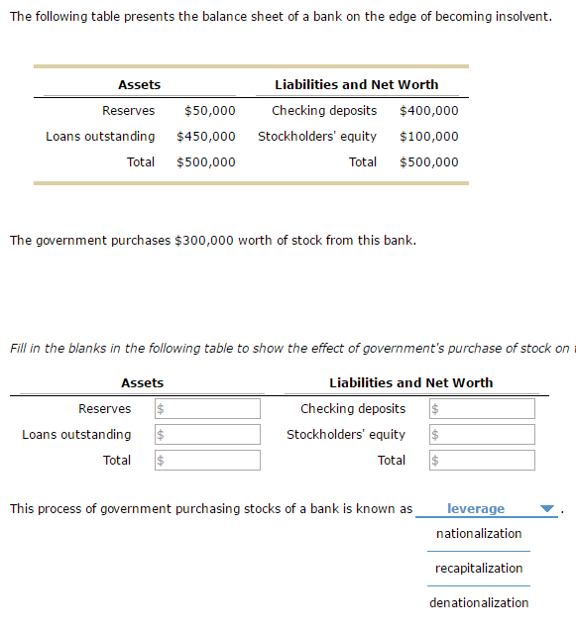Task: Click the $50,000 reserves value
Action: (x=209, y=111)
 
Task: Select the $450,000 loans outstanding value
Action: (x=206, y=137)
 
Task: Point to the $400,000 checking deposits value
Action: (x=428, y=111)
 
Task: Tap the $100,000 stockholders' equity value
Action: (x=428, y=137)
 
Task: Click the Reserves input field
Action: (x=206, y=409)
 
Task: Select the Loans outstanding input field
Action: (x=206, y=435)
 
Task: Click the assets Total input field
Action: (x=206, y=461)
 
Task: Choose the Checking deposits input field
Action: (x=481, y=409)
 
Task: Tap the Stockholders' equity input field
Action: (x=481, y=435)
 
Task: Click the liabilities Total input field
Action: (x=481, y=461)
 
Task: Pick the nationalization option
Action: (x=479, y=534)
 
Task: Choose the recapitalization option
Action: (x=479, y=569)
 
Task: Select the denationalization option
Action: (x=479, y=603)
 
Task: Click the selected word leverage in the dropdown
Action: (x=476, y=509)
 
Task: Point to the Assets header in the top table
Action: (x=139, y=85)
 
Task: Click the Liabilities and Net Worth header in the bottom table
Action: (x=410, y=383)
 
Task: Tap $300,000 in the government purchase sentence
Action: (x=204, y=241)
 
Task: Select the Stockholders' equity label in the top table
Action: (x=317, y=137)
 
